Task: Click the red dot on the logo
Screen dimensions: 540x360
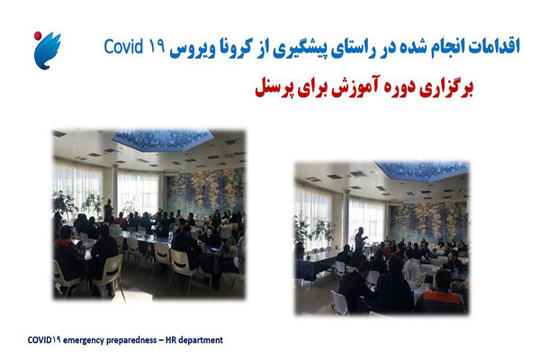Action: click(38, 35)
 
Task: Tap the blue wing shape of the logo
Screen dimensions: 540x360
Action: click(48, 51)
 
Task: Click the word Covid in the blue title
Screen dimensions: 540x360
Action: click(123, 47)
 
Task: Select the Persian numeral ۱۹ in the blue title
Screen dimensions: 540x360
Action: click(157, 47)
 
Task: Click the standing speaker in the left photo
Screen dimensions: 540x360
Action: click(108, 211)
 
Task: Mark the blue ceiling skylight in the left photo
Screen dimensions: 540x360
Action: click(163, 139)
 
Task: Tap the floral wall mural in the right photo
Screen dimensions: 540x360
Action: click(428, 221)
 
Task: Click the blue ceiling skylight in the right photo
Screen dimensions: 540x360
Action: click(422, 170)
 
